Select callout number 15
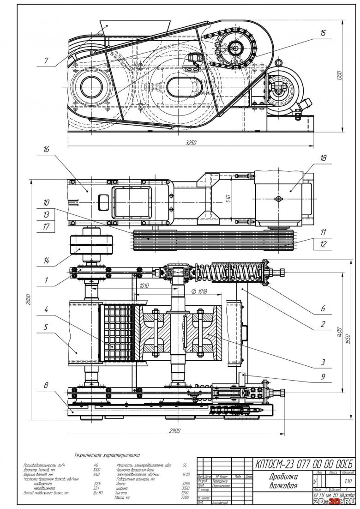322,34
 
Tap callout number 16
46,151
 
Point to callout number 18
323,158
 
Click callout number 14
46,261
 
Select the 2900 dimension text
174,430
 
